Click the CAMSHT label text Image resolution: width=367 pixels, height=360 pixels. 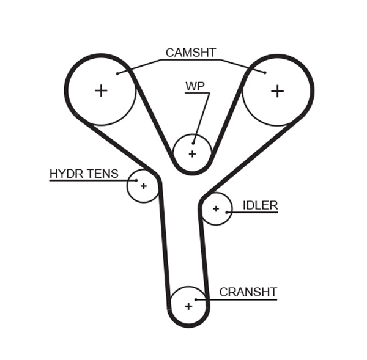[190, 53]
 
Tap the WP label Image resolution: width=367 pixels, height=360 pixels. [195, 87]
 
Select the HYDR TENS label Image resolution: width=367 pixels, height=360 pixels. [84, 174]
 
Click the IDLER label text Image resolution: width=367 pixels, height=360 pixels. [260, 206]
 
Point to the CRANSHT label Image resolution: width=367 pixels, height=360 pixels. [248, 292]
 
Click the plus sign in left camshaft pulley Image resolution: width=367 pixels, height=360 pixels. [101, 91]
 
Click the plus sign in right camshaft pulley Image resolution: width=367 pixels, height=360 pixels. [277, 91]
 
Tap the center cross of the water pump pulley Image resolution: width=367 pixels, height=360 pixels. [192, 154]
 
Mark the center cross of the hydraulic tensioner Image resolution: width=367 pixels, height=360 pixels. [143, 186]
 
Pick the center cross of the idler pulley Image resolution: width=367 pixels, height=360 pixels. [216, 209]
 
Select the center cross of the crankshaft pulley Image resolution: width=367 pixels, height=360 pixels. [188, 306]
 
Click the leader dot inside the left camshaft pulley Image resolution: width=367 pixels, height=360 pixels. [117, 73]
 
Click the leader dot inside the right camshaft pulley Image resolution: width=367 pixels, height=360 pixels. [265, 72]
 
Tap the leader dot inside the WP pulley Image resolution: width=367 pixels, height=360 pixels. [193, 143]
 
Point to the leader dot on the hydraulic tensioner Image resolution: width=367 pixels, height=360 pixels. [136, 180]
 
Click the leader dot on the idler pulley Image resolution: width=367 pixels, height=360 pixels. [227, 212]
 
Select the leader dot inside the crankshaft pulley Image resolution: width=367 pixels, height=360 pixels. [196, 299]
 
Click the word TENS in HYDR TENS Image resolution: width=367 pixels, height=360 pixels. [102, 174]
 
